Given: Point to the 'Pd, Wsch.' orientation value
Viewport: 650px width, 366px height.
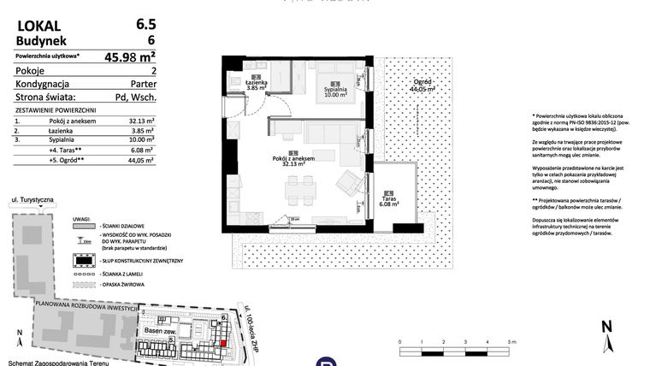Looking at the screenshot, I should point(135,99).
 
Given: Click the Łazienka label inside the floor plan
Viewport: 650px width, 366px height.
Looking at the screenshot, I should point(257,81).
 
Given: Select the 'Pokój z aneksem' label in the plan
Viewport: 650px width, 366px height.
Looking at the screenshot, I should point(293,159).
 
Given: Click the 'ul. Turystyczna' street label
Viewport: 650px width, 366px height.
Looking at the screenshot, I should point(32,200).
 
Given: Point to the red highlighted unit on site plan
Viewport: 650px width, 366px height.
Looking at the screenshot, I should point(225,343).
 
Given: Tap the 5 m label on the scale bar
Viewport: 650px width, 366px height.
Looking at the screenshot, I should point(511,340).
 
